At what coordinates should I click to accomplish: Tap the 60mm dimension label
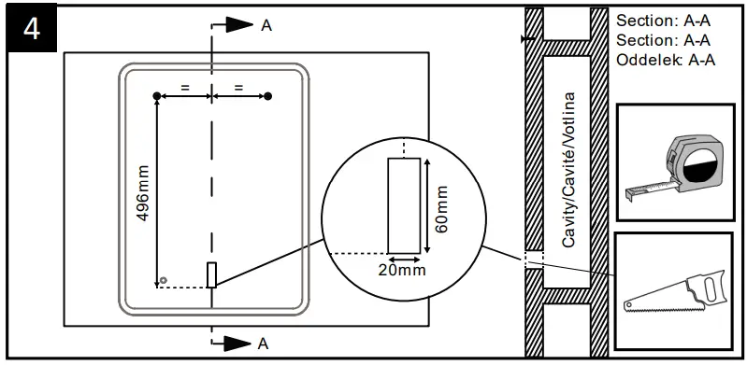tap(442, 208)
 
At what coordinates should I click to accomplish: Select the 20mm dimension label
tap(404, 271)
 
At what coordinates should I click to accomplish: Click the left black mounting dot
tap(157, 96)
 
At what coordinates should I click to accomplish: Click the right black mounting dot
tap(268, 96)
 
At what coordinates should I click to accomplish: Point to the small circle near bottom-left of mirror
tap(163, 280)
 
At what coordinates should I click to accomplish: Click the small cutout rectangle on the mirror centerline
tap(212, 274)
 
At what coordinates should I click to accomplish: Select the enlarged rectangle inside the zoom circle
tap(404, 205)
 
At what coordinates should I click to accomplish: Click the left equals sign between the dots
tap(185, 88)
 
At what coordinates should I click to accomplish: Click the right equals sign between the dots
tap(239, 88)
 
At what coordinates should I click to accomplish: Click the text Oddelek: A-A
tap(666, 61)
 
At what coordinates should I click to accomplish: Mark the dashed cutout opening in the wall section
tap(533, 259)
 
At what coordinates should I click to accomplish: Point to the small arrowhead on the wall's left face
tap(526, 40)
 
